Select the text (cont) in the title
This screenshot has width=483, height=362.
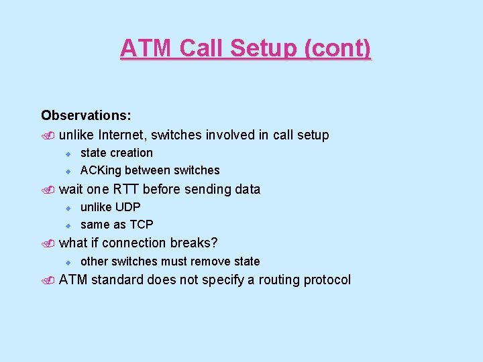tap(339, 48)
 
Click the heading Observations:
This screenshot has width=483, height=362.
tap(86, 116)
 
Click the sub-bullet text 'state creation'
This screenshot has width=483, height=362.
tap(117, 153)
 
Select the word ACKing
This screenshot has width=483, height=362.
tap(101, 170)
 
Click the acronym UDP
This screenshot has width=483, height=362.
tap(127, 207)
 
